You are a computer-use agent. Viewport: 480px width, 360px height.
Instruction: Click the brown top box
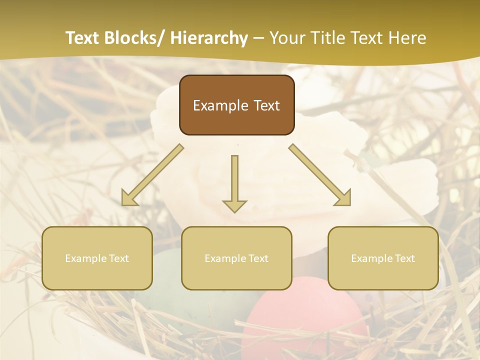236,105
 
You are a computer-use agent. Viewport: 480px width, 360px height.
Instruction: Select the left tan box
97,258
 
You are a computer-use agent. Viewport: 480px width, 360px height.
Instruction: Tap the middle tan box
236,258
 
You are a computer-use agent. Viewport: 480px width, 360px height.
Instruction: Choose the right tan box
383,258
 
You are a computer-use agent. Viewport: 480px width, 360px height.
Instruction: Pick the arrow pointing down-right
320,175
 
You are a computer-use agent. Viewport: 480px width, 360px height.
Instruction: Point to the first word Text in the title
83,38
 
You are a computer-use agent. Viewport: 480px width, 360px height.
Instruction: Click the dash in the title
258,38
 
